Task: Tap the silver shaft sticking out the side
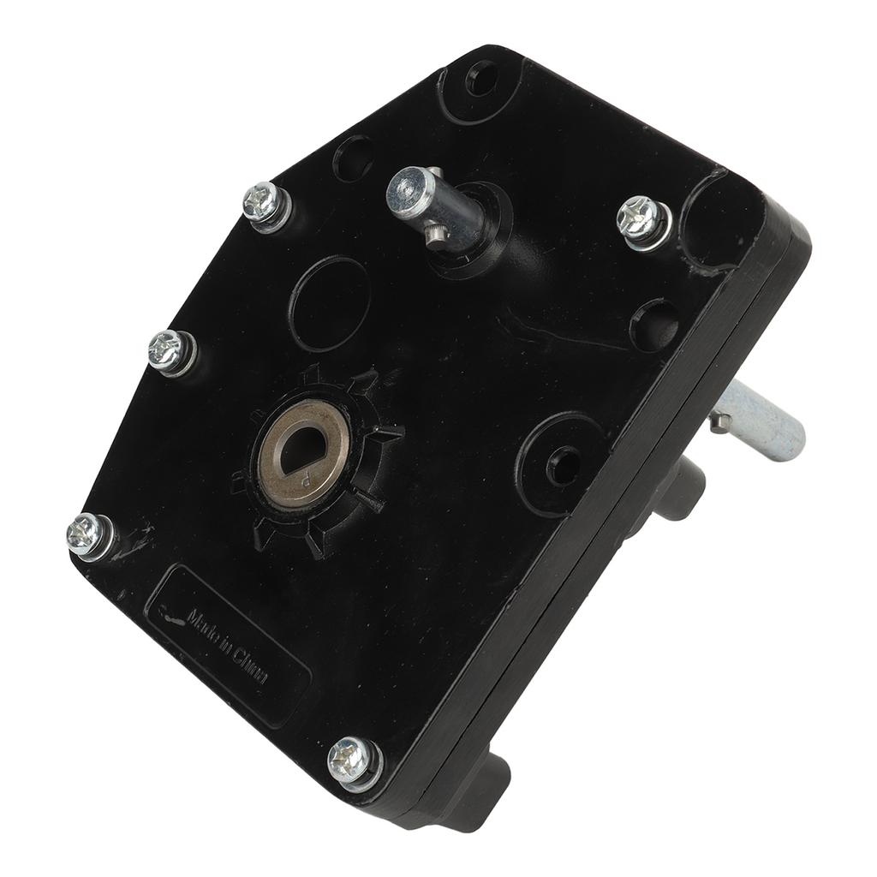pos(761,421)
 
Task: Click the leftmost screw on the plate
pos(88,534)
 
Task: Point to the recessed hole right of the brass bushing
pos(562,463)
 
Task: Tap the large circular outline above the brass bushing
pos(329,304)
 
